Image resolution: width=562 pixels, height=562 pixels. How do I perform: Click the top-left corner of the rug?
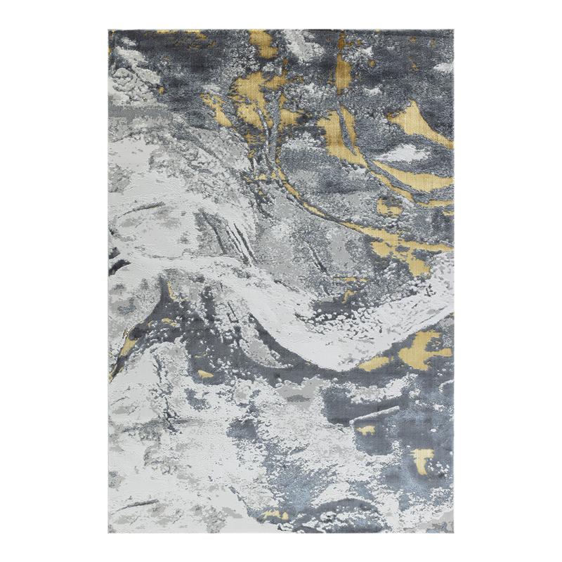point(109,30)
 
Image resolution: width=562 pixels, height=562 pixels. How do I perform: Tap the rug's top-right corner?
point(454,30)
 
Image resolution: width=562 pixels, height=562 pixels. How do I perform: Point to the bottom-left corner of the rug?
point(109,532)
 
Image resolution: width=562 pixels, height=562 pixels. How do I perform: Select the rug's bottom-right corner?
point(454,532)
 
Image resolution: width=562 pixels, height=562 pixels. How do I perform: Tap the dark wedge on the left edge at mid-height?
point(116,267)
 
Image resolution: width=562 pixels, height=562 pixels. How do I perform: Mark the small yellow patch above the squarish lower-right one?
point(366,429)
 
